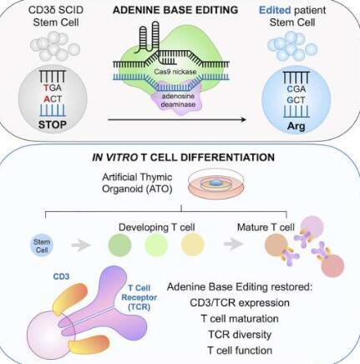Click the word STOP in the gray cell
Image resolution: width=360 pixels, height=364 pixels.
(x=53, y=124)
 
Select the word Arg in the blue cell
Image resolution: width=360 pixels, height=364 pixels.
(x=297, y=126)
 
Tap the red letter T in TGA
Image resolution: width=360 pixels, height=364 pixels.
(x=46, y=88)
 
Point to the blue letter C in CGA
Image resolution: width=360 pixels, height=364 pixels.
(x=290, y=89)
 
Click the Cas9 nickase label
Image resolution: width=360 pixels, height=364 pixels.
(x=175, y=72)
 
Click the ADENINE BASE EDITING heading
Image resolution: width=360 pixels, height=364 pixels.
(x=175, y=10)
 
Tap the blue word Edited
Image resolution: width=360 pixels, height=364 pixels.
(x=275, y=10)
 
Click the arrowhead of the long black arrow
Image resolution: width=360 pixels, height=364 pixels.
(x=244, y=119)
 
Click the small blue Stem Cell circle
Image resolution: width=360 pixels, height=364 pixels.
(x=42, y=245)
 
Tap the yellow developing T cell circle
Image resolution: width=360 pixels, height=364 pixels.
(x=193, y=245)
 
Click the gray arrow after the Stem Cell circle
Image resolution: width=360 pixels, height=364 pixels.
(x=81, y=245)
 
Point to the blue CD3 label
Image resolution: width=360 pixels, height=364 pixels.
(x=61, y=276)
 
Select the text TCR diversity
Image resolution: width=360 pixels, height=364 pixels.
(x=240, y=334)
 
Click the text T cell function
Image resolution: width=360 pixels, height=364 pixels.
(x=240, y=350)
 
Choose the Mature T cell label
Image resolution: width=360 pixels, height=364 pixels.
(x=266, y=227)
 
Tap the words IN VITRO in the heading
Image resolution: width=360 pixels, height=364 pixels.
(x=115, y=158)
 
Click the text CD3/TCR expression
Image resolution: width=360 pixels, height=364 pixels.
(x=240, y=302)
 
